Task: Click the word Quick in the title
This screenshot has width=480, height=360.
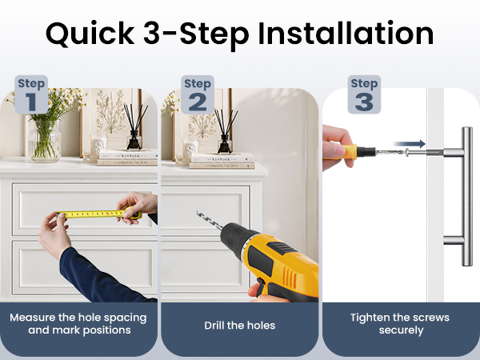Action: pyautogui.click(x=90, y=34)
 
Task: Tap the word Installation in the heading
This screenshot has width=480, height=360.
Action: pyautogui.click(x=346, y=33)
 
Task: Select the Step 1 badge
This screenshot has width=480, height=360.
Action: pyautogui.click(x=31, y=94)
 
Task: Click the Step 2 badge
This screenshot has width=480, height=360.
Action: pyautogui.click(x=198, y=94)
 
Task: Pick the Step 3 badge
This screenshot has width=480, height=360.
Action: pyautogui.click(x=364, y=94)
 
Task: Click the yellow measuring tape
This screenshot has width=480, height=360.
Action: pyautogui.click(x=98, y=214)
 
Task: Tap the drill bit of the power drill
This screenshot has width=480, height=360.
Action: pyautogui.click(x=210, y=220)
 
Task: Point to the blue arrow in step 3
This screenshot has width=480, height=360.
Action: pyautogui.click(x=410, y=143)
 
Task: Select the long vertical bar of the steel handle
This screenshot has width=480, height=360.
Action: pyautogui.click(x=467, y=196)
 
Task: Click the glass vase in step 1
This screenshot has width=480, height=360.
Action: pyautogui.click(x=45, y=141)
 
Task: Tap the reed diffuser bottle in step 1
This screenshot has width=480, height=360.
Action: pyautogui.click(x=134, y=140)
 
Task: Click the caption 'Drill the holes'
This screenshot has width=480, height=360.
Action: pyautogui.click(x=240, y=325)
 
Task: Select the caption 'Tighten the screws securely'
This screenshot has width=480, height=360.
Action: pyautogui.click(x=400, y=323)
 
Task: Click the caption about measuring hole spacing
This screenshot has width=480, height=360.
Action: pyautogui.click(x=78, y=323)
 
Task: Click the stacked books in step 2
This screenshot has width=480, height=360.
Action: pyautogui.click(x=222, y=162)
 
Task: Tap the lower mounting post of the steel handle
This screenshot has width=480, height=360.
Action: pyautogui.click(x=453, y=240)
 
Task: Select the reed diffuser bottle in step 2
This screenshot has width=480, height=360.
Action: pyautogui.click(x=225, y=143)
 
